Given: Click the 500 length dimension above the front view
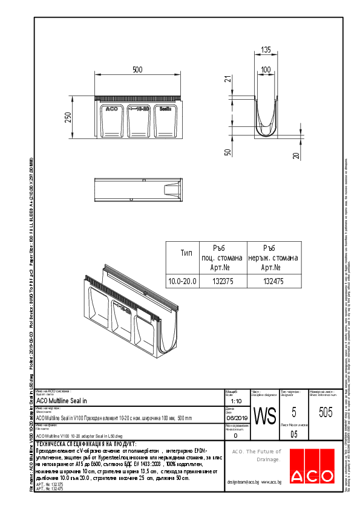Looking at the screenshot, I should (x=137, y=70).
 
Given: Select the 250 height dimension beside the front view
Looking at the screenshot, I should (x=68, y=117).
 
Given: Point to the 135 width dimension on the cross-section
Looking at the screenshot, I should (x=266, y=50).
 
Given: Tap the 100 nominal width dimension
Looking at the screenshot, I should (x=266, y=70).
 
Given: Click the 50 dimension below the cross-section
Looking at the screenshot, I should (x=228, y=152).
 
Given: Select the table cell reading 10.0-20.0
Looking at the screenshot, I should (x=182, y=281).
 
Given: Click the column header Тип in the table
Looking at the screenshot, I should (x=186, y=253).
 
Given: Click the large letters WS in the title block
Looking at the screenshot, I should (x=264, y=417).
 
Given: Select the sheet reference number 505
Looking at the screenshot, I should (x=325, y=412).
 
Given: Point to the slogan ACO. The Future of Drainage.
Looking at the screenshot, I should (x=257, y=455).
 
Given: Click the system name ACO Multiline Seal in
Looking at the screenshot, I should (x=62, y=401).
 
